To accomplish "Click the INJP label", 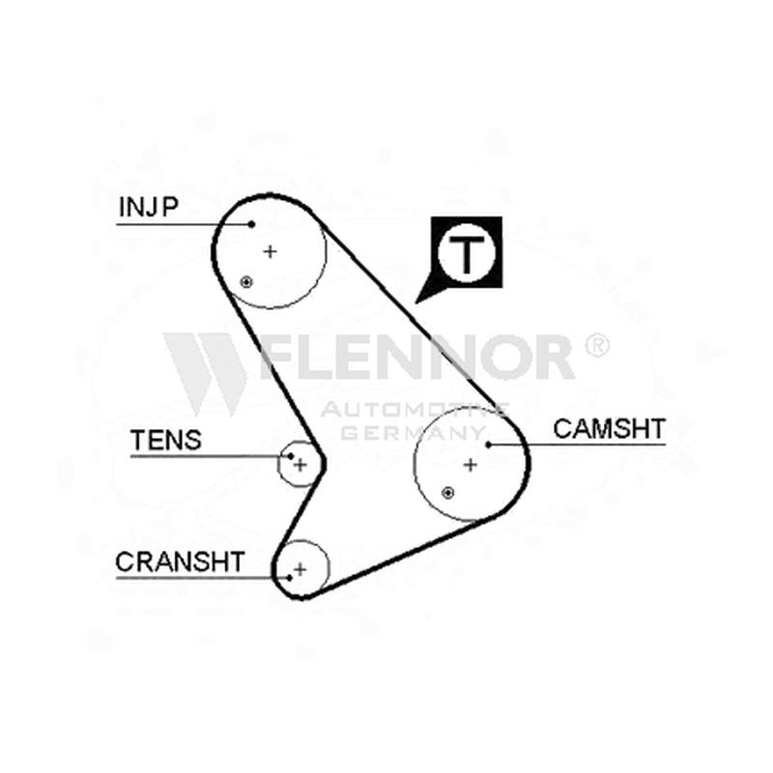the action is [x=149, y=207].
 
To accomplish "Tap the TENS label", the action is [x=166, y=441].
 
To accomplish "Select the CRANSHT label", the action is [x=180, y=562].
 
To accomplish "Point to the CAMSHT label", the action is [x=610, y=429].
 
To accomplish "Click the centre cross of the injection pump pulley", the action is [x=270, y=252].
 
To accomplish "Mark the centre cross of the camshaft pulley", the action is [x=471, y=465].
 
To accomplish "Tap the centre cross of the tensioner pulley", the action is [x=301, y=465].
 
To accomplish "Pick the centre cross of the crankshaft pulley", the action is [x=300, y=569].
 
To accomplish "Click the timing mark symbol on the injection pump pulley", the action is [x=246, y=282].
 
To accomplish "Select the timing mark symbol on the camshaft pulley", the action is [x=447, y=493].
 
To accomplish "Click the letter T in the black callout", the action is [x=466, y=254].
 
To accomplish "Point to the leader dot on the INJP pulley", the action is [x=251, y=224].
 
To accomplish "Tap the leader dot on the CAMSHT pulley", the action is [x=489, y=444].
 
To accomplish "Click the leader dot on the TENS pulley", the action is [x=291, y=456].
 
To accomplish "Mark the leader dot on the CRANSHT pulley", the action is [x=290, y=578].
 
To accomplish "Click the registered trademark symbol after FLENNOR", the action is [x=597, y=345].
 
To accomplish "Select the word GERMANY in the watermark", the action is [x=414, y=433].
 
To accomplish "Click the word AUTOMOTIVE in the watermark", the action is [x=415, y=409].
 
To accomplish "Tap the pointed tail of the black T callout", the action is [x=416, y=302].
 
